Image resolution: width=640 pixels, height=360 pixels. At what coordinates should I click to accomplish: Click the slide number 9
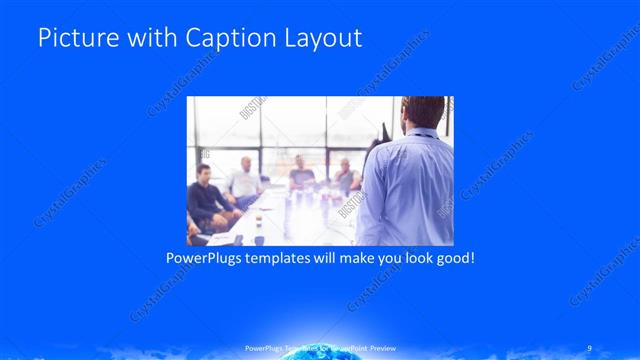click(591, 350)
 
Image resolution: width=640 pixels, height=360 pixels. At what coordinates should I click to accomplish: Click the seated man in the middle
click(301, 177)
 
